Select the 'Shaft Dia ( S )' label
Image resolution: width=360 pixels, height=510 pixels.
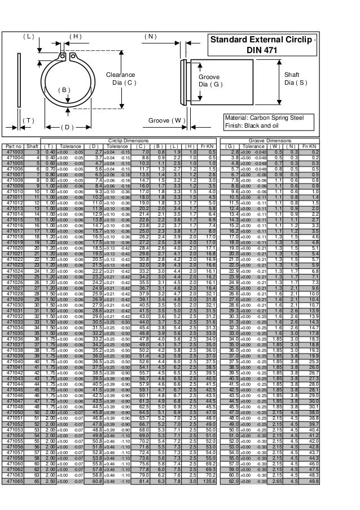click(x=296, y=79)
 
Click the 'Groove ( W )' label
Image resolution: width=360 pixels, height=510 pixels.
click(x=167, y=120)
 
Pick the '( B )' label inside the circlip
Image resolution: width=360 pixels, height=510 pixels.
click(x=65, y=90)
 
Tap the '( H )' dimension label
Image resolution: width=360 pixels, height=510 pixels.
click(x=74, y=36)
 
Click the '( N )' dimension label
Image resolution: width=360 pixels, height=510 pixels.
click(x=151, y=36)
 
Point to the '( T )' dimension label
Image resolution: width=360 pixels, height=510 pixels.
click(x=28, y=120)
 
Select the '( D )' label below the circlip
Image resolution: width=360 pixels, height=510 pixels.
click(x=67, y=128)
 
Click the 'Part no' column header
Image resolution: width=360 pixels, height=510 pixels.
click(x=12, y=146)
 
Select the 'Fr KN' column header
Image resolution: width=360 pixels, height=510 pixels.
click(x=208, y=146)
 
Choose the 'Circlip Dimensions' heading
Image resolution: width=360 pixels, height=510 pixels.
click(x=130, y=141)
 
